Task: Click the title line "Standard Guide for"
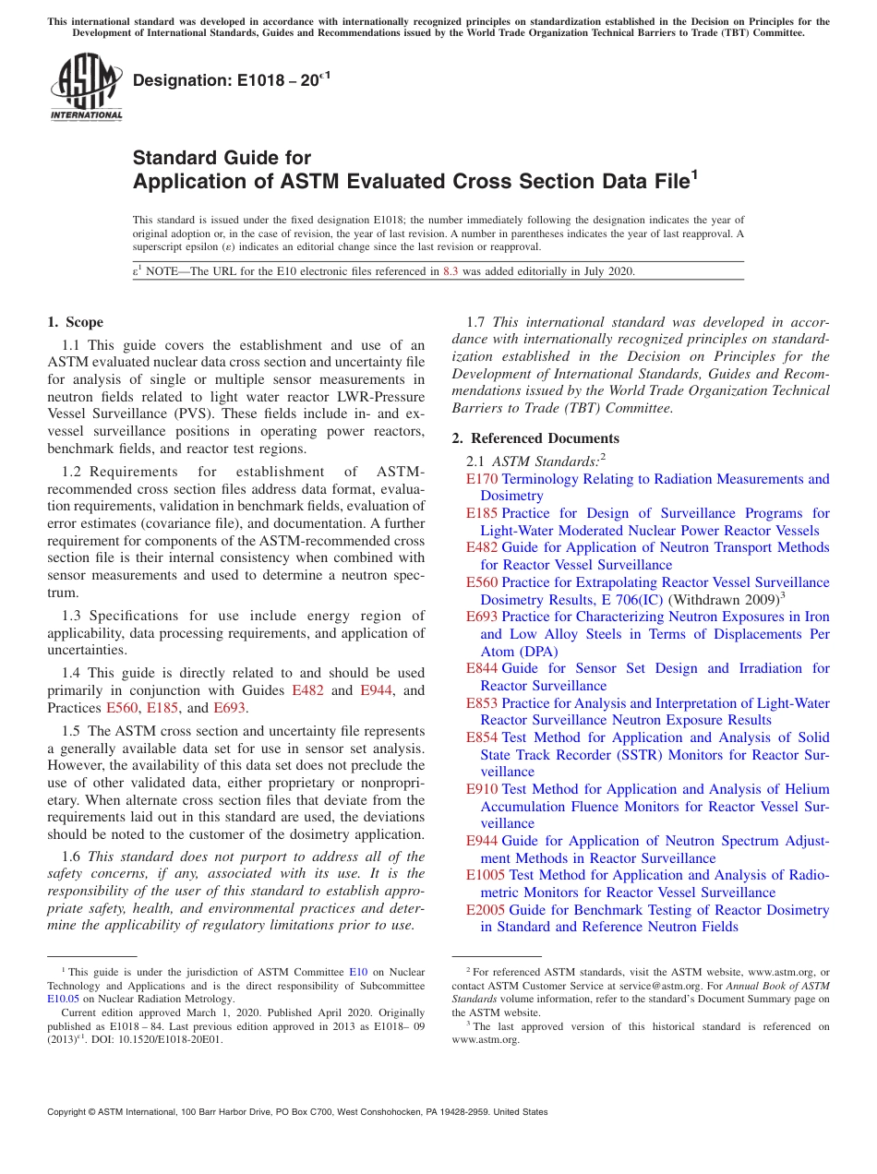(222, 158)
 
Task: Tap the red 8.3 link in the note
(451, 271)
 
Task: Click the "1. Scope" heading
(75, 322)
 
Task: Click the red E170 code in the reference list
(482, 479)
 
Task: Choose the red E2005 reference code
(486, 910)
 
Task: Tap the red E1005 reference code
(486, 875)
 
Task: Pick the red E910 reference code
(482, 789)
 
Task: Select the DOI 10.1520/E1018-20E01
(171, 1038)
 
